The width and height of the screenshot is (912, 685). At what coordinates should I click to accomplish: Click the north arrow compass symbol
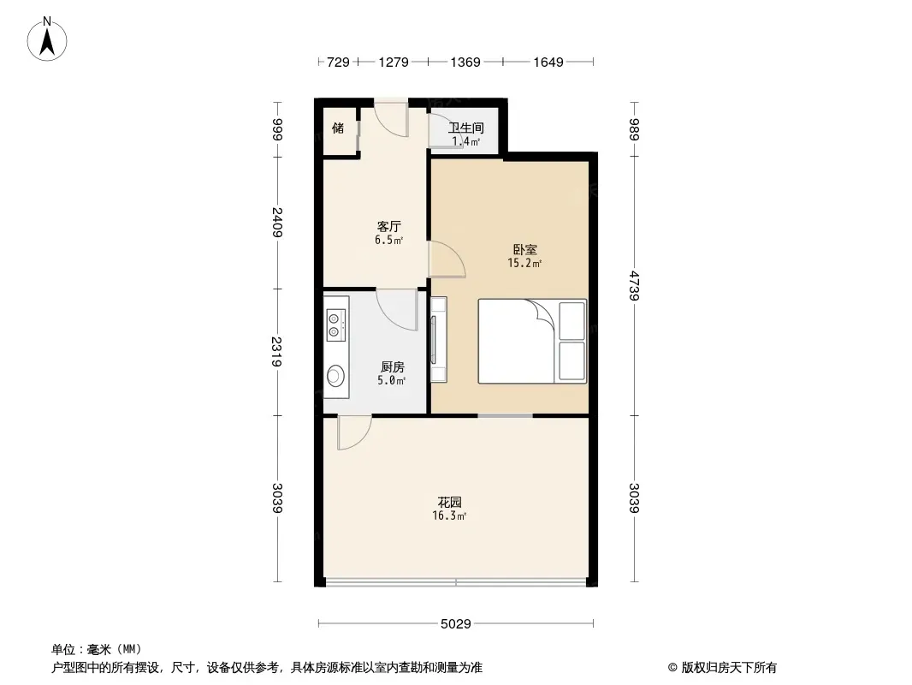pos(47,39)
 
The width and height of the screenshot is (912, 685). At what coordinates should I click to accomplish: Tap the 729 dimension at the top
pos(338,62)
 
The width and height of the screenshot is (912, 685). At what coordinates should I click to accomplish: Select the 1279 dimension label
pos(394,62)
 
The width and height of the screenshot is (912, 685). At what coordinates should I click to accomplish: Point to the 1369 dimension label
pos(465,62)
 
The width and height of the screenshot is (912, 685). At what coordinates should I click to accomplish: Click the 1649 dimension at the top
pos(548,62)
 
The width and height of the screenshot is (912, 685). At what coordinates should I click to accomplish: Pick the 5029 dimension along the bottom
pos(455,624)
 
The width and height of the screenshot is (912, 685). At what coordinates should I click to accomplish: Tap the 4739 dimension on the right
pos(634,286)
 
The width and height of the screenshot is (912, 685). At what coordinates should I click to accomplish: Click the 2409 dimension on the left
pos(277,223)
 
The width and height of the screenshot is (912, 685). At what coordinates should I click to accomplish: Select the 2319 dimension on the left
pos(277,352)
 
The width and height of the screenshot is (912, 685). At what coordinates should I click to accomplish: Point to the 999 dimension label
pos(277,129)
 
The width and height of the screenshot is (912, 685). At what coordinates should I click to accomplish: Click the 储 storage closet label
pos(338,128)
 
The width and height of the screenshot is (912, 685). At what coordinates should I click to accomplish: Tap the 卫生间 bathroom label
pos(466,128)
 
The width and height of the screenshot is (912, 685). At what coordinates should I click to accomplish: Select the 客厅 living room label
pos(389,226)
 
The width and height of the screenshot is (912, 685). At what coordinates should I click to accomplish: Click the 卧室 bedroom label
pos(524,250)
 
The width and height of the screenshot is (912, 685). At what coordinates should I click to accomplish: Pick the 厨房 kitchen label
pos(392,367)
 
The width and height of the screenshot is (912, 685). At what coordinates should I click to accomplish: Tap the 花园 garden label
pos(450,503)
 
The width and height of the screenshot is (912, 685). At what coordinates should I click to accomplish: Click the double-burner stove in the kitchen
pos(336,325)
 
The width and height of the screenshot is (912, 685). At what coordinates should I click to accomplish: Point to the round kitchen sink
pos(335,375)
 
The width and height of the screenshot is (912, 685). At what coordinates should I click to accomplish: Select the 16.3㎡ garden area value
pos(449,515)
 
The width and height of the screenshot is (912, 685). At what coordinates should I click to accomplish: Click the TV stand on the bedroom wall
pos(438,340)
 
